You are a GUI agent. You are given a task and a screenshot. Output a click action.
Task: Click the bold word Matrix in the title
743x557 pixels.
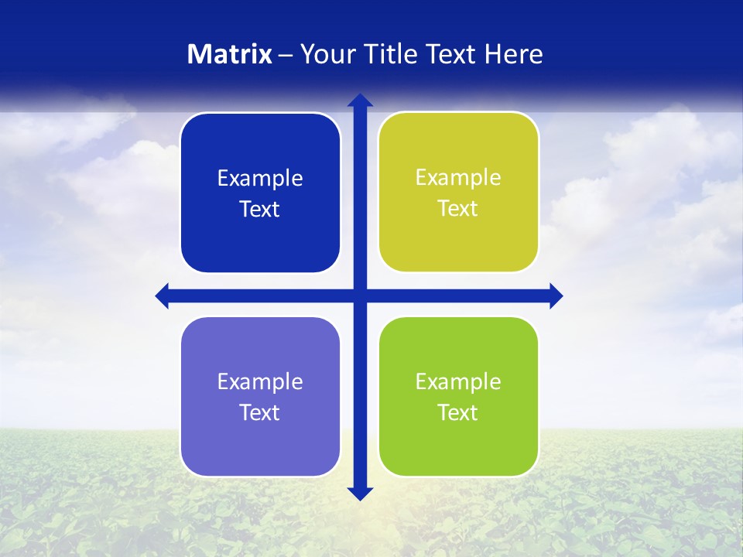point(230,54)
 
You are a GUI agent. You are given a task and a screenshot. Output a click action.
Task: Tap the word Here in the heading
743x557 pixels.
point(514,54)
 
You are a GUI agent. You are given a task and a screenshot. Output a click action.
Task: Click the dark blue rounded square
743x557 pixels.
point(260,193)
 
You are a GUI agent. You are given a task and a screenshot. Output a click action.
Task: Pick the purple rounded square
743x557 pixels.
point(260,396)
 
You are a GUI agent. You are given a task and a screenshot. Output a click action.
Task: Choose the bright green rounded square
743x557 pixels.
point(458,396)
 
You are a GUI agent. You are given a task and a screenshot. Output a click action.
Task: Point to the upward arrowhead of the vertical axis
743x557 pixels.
point(360,100)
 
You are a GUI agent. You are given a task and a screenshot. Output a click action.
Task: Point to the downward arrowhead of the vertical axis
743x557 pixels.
point(360,494)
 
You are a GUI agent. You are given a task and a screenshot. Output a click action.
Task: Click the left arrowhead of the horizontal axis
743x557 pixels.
point(163,296)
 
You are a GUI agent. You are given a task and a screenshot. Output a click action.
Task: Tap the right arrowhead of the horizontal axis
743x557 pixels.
point(556,296)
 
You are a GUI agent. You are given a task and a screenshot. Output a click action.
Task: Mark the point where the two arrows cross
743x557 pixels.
point(360,296)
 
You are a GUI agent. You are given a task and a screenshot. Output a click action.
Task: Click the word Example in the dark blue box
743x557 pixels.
point(260,179)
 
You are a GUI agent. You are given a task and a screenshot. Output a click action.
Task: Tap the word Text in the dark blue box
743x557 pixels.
point(260,210)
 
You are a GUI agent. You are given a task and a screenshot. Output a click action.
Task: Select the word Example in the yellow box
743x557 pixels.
point(458,178)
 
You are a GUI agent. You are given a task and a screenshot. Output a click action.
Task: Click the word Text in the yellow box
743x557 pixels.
point(458,209)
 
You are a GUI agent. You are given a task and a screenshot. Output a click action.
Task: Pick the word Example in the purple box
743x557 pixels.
point(260,382)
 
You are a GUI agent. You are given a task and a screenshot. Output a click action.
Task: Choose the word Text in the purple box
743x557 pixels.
point(260,413)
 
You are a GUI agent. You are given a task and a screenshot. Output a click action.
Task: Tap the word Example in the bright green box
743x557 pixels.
point(458,382)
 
